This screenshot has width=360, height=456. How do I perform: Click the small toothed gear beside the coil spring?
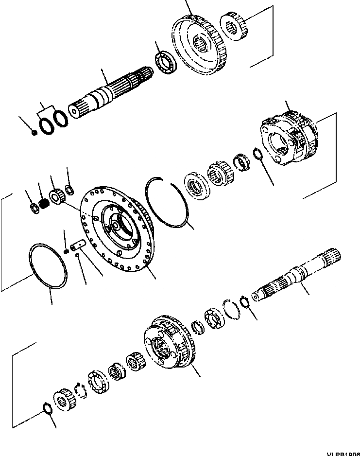57,196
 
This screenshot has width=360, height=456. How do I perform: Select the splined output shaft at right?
296,279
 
